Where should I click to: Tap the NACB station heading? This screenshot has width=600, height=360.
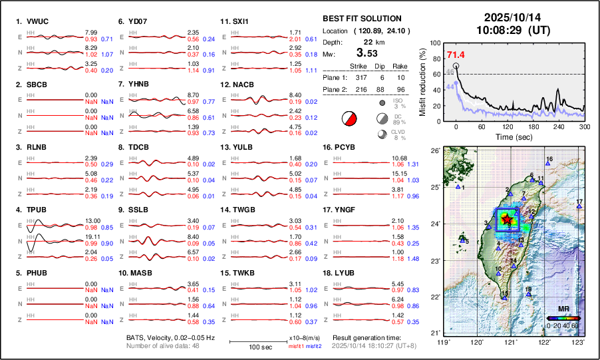tap(244, 85)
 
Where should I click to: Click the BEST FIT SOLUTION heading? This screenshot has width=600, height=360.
tap(361, 19)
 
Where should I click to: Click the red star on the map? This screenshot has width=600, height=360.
tap(507, 218)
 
